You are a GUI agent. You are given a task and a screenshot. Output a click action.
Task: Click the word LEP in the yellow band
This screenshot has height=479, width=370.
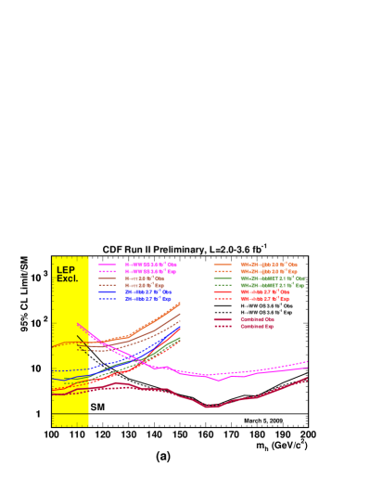click(65, 270)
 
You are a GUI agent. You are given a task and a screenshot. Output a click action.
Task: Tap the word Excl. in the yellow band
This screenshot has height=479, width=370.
click(67, 278)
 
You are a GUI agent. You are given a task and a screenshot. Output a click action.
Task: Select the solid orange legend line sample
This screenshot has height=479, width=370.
click(223, 265)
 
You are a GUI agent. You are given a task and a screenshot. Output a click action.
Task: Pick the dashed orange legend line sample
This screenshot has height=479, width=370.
click(223, 271)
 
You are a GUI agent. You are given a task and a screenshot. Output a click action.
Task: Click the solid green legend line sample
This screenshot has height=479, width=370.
click(223, 278)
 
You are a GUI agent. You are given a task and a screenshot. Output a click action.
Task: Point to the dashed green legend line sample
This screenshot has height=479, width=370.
click(223, 285)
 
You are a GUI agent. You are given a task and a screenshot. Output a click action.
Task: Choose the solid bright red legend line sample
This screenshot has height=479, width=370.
click(223, 292)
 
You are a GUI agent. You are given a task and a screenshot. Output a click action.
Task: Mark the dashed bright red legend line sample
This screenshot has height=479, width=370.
click(223, 299)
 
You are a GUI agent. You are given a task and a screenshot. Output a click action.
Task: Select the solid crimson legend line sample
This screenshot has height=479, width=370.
click(223, 319)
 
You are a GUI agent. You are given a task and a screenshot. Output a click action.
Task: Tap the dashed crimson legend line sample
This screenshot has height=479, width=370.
click(223, 326)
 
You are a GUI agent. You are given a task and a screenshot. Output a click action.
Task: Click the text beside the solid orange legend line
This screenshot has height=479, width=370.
click(268, 265)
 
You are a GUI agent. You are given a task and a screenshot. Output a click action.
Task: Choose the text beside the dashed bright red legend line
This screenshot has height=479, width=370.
click(264, 299)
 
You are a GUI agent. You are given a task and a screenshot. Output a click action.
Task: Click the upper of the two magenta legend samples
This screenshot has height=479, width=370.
click(108, 265)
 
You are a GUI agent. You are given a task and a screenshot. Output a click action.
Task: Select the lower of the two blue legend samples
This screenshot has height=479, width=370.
click(108, 299)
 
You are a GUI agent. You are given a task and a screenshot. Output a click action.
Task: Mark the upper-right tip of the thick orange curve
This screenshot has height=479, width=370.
click(180, 303)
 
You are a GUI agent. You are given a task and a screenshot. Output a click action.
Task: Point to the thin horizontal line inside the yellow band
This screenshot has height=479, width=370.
click(70, 414)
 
